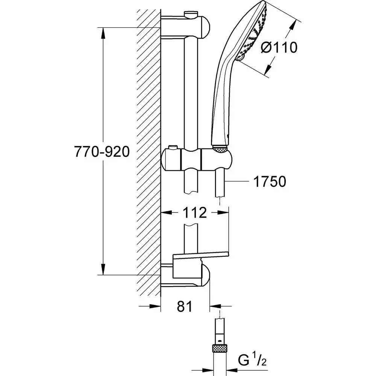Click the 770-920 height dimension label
coord(102,152)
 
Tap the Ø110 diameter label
coord(279,48)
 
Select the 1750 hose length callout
coord(269,182)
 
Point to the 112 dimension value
coord(195,213)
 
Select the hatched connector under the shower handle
coord(220,150)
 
